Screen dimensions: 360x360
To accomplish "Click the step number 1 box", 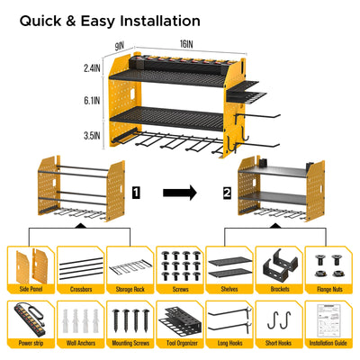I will pos(135,192).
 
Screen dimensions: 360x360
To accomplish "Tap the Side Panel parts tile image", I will pos(31,265).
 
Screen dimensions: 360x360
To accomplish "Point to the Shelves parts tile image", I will pos(229,265).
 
